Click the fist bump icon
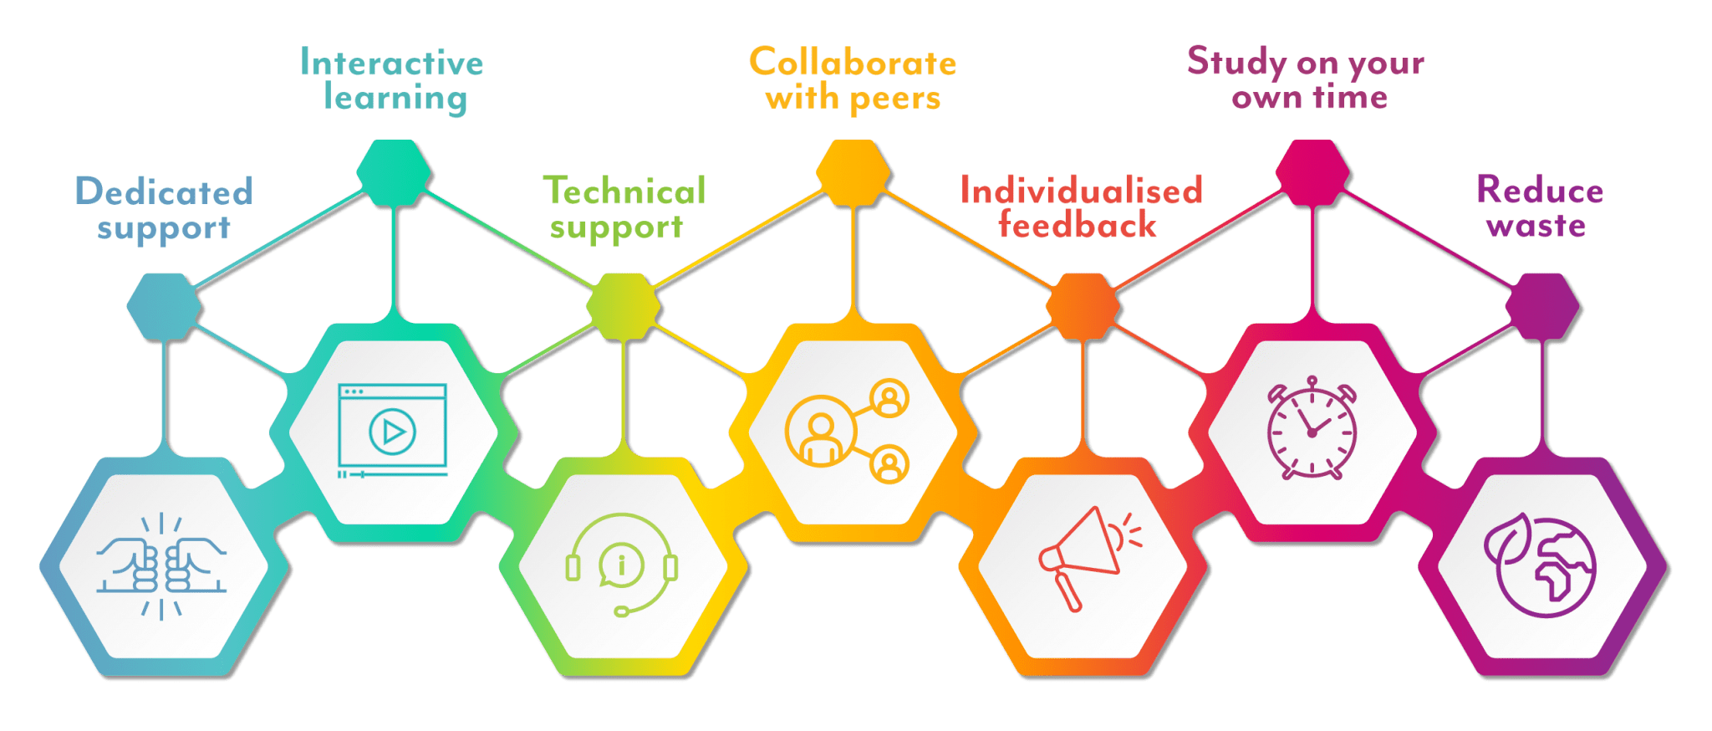161,566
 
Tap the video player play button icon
392,432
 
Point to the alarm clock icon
1312,427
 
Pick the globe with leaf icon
1540,565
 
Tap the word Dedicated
164,192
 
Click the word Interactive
391,63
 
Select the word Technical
624,191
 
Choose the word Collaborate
853,62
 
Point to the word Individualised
1081,190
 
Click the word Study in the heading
1236,62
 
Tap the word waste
1536,226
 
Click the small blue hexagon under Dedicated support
164,307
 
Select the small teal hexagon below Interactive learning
394,173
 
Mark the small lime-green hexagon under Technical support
624,307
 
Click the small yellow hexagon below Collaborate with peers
853,173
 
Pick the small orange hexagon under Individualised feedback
1083,307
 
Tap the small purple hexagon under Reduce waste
1542,307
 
